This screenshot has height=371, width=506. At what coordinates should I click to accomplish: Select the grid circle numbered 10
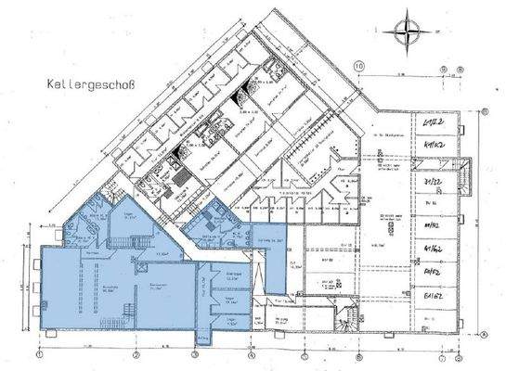point(359,66)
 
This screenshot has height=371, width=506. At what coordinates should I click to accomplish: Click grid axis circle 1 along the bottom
point(41,354)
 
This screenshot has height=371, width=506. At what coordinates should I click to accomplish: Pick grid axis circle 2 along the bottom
point(136,354)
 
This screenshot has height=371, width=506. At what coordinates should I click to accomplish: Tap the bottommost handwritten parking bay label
point(430,300)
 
